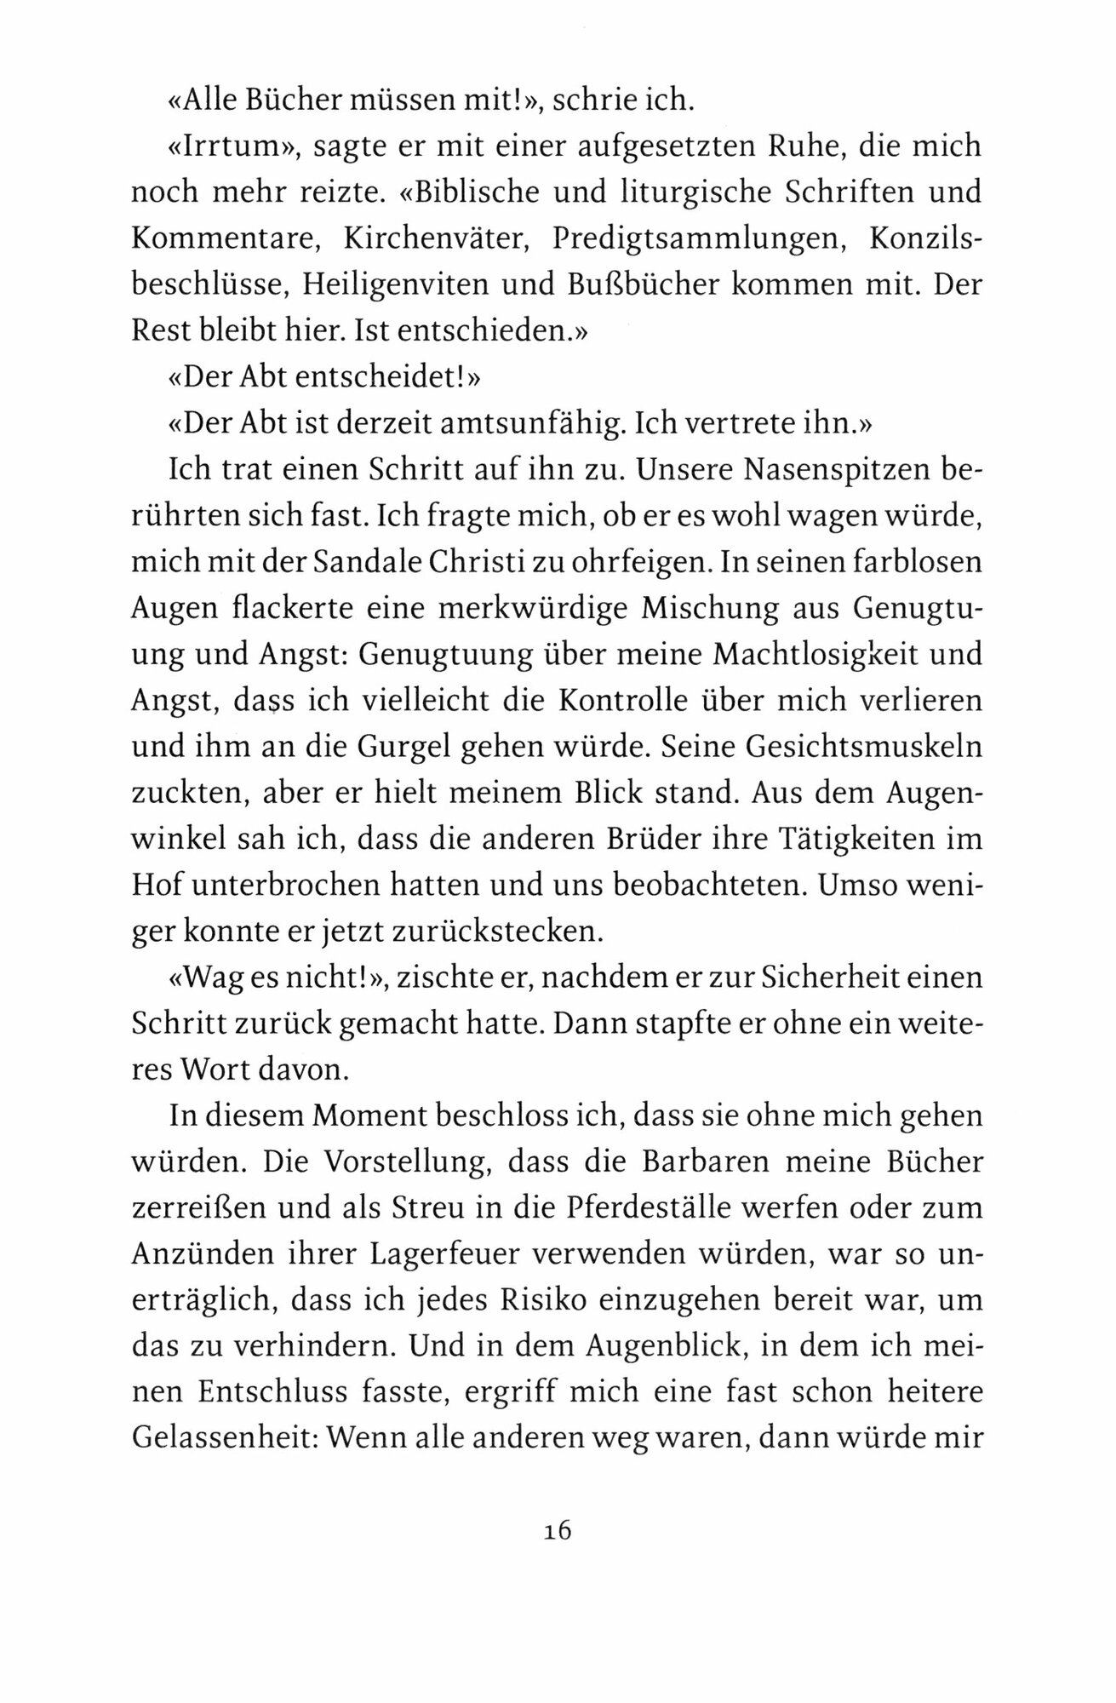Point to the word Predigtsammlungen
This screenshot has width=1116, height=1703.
(x=697, y=239)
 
